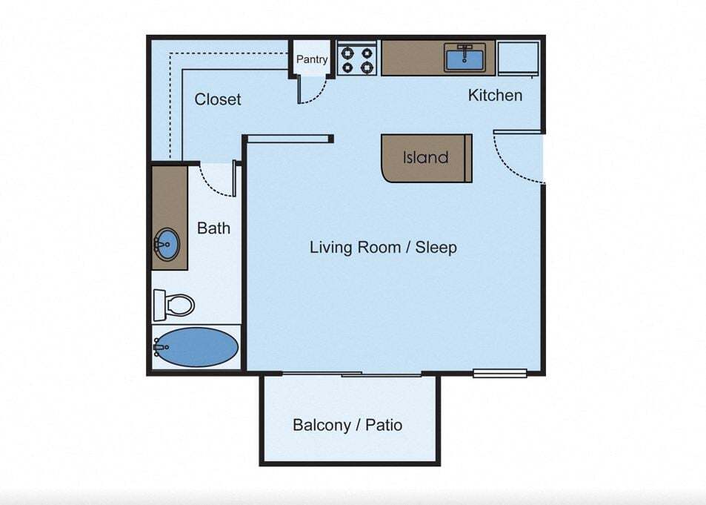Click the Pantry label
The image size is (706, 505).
312,59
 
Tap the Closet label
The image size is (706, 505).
218,99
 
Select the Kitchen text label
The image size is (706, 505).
495,95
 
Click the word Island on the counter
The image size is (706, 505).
425,157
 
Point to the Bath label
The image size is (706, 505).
213,228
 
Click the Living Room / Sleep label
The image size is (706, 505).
383,247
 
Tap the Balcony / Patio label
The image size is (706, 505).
347,425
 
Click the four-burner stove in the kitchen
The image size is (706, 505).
357,59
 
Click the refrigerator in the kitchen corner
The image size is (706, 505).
518,58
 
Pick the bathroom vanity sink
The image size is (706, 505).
167,244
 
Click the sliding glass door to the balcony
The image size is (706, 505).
351,374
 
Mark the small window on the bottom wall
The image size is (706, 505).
499,373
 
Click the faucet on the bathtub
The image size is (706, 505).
157,346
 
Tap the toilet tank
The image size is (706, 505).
159,304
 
